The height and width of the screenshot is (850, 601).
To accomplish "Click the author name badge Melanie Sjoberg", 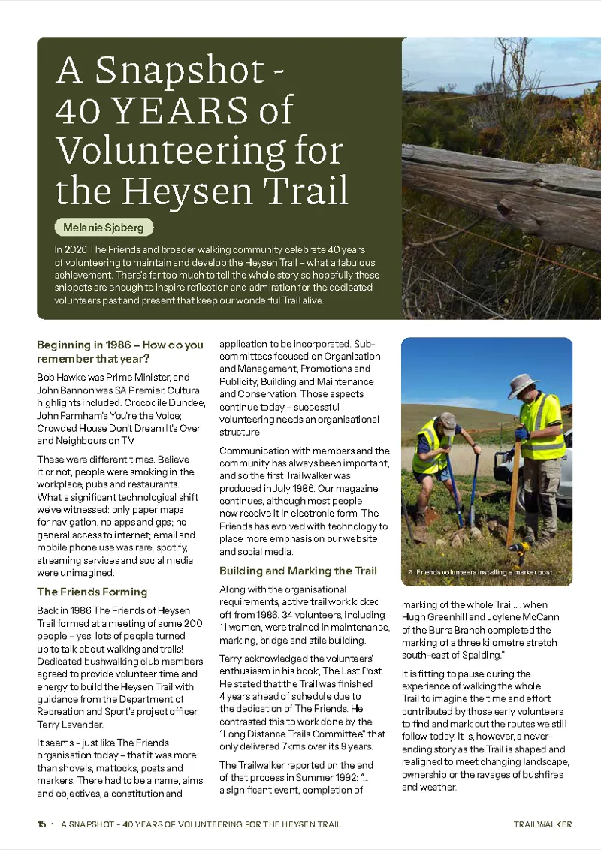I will click(104, 227).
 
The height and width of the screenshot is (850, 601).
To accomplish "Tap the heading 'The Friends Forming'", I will click(92, 592).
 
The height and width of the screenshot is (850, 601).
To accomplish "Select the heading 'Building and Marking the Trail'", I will click(297, 571).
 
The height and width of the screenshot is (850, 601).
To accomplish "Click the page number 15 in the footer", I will click(41, 824).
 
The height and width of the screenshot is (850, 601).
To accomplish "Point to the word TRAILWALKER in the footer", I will click(542, 824).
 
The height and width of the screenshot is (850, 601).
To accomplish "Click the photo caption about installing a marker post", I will click(485, 572).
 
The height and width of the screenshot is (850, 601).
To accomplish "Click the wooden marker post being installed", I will click(515, 488).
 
